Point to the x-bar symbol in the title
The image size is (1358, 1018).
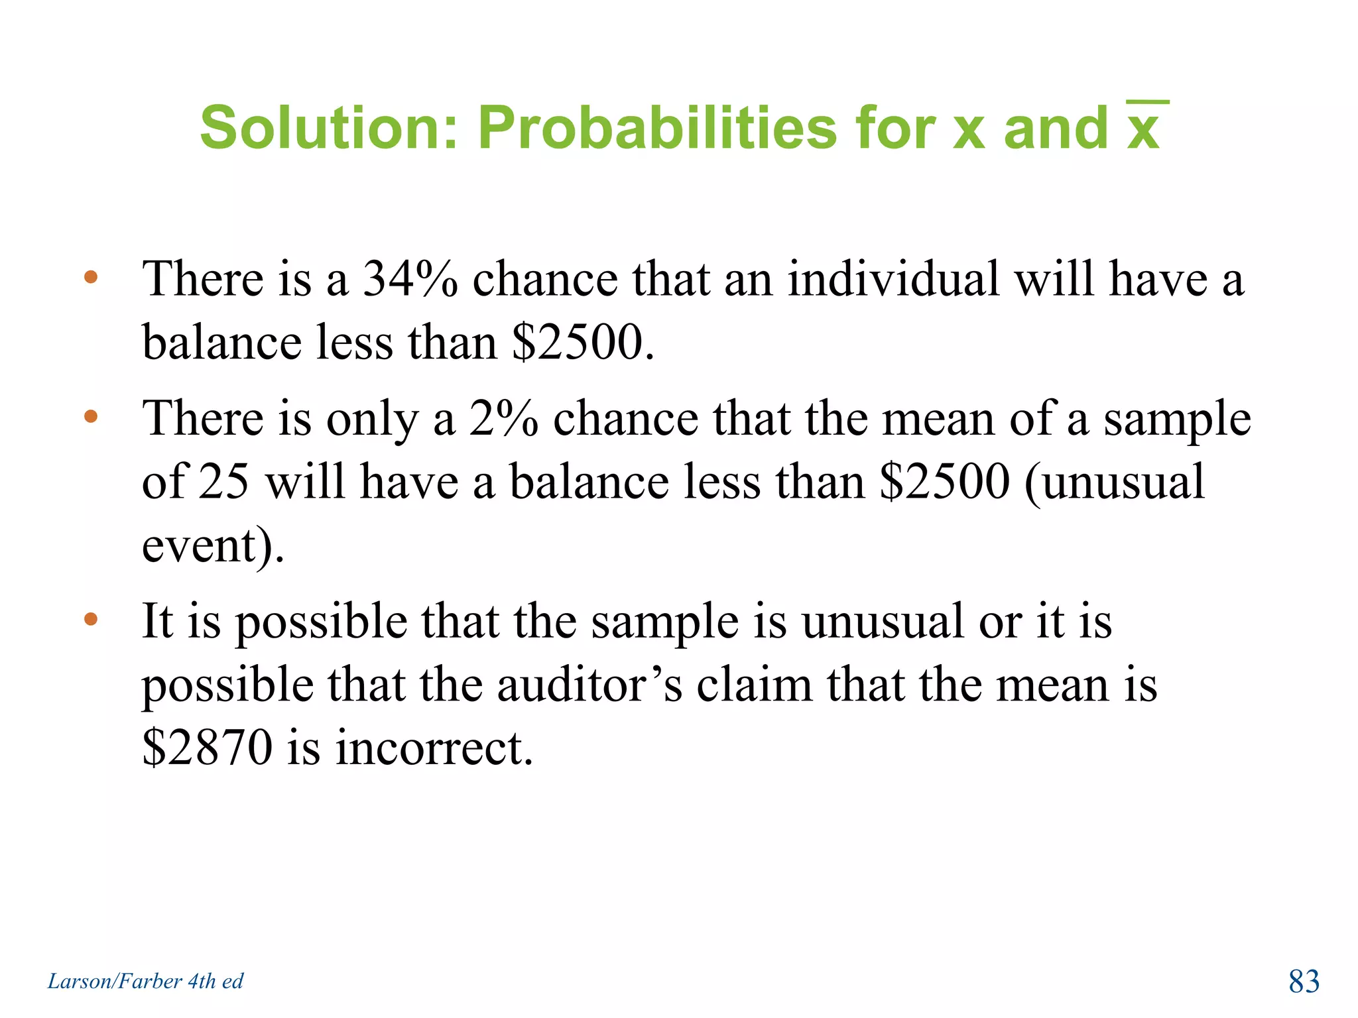(1144, 126)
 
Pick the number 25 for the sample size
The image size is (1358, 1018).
(224, 482)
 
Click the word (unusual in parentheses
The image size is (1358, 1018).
(1114, 482)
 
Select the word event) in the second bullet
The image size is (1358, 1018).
(213, 545)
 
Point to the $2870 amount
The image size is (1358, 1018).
(208, 748)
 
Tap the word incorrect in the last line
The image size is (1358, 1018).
(434, 748)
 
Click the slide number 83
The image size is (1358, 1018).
(1304, 982)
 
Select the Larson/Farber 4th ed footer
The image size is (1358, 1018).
(145, 981)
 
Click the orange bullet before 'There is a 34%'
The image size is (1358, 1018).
(91, 277)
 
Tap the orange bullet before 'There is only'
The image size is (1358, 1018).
(91, 417)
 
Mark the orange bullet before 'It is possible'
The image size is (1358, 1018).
(91, 620)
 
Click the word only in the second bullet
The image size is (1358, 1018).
(372, 419)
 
